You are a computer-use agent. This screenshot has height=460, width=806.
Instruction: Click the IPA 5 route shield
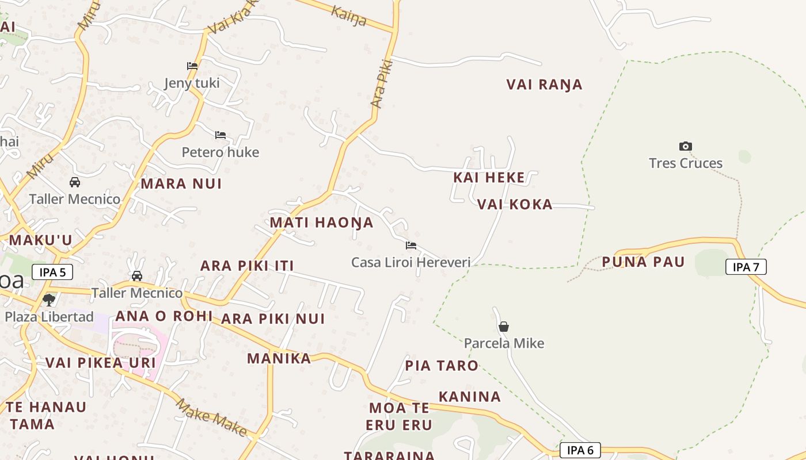point(52,272)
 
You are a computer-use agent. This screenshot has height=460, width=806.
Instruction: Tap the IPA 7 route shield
point(746,267)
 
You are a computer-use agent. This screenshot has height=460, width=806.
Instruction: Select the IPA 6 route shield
point(580,450)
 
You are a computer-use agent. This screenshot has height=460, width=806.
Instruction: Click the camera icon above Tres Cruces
point(685,146)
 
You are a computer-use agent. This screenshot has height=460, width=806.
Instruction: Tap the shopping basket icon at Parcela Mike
point(504,327)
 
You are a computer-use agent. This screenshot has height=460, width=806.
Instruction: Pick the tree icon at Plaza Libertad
point(49,299)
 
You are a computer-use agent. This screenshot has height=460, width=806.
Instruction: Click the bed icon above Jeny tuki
point(192,66)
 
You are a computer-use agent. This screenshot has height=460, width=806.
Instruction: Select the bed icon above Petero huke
point(220,135)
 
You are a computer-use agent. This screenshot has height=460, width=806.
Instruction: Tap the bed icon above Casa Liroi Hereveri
point(410,246)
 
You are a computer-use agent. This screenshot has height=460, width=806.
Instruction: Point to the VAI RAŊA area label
point(545,85)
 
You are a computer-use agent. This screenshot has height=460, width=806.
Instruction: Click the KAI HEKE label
point(489,178)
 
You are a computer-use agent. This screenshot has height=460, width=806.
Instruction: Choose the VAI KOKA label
point(515,205)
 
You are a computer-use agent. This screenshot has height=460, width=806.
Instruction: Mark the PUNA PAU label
point(643,262)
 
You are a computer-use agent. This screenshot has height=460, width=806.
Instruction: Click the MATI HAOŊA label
point(321,223)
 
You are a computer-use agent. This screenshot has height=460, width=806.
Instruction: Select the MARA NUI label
point(181,184)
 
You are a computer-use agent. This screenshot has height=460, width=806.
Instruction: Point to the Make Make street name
point(211,417)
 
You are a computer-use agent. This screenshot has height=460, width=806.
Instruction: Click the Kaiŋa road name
point(349,16)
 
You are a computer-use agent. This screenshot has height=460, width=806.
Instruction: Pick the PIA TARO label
point(442,366)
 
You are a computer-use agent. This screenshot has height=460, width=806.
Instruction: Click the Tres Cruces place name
point(685,163)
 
